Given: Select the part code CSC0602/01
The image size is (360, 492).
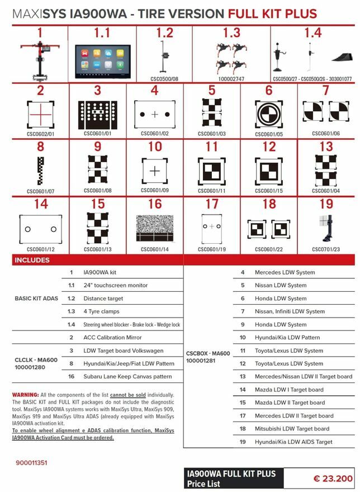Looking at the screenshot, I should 40,134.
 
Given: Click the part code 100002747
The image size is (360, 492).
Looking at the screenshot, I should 231,79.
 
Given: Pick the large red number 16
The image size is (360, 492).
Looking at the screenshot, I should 154,204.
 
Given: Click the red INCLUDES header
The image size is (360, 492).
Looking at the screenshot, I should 32,260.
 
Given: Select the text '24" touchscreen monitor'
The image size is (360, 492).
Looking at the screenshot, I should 116,285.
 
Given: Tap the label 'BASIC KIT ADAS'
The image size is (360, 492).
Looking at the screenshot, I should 35,298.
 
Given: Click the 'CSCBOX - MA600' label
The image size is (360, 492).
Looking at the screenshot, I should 207,353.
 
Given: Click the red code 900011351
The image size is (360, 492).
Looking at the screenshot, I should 32,463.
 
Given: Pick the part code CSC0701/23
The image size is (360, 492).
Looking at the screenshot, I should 326,249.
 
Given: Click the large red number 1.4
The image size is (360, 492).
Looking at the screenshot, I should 312,33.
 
